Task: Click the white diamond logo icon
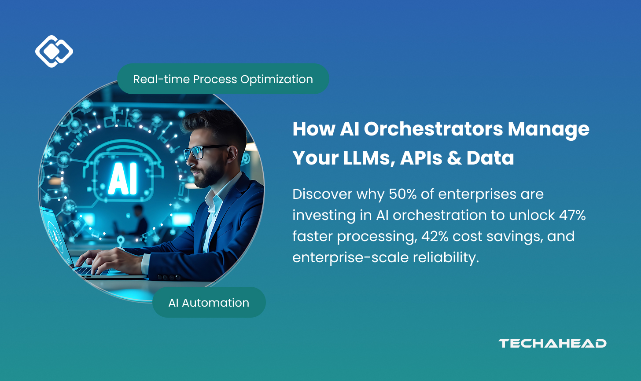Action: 54,51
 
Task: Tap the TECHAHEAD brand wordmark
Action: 552,344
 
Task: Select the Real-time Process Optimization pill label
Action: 223,79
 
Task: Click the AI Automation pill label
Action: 209,303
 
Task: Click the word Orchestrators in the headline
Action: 433,129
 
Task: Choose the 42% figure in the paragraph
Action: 435,236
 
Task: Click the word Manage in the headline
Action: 549,129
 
